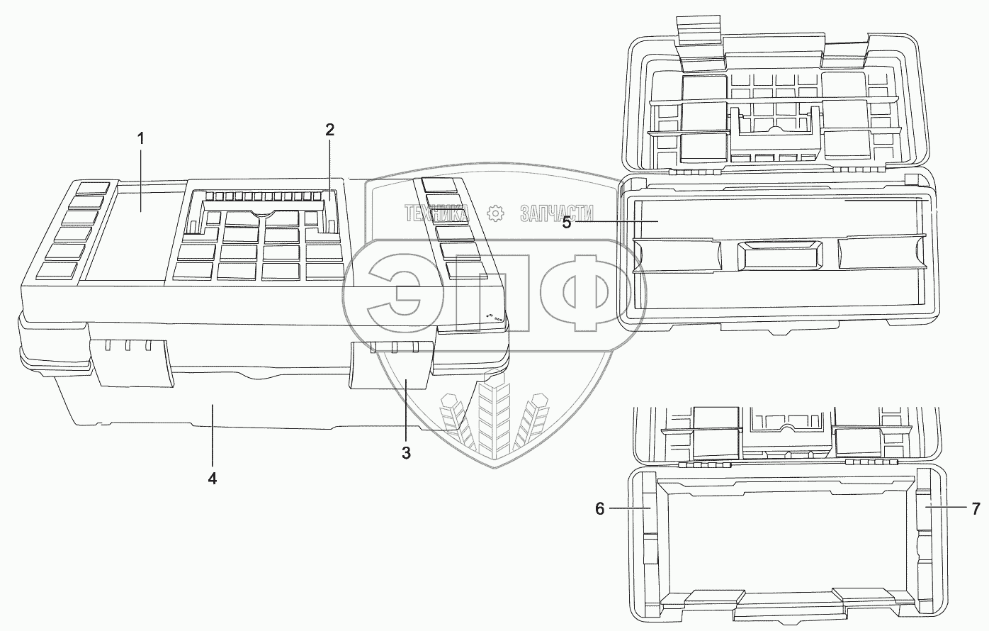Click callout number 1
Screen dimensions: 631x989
140,138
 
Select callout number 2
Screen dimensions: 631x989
329,130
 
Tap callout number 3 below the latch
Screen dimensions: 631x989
406,453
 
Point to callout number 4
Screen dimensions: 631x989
212,478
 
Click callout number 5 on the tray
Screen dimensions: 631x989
566,222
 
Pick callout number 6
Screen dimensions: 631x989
599,508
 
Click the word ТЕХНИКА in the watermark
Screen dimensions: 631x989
436,213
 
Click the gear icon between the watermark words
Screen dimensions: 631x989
495,213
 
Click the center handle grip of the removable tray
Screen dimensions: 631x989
779,254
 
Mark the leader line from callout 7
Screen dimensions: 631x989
946,508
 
